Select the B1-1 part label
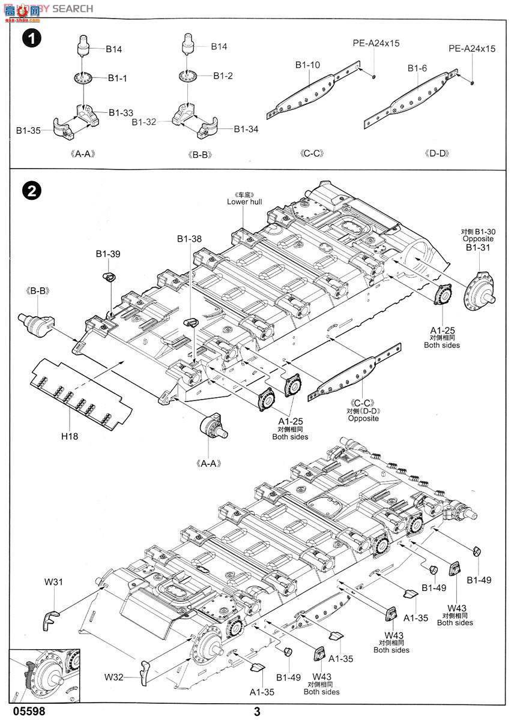point(118,79)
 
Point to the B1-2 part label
point(223,76)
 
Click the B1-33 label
point(121,112)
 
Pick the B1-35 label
point(28,130)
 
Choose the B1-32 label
point(144,122)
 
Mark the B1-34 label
point(246,129)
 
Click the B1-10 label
point(307,65)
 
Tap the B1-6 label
point(417,68)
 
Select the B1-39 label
point(108,254)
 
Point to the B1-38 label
point(189,239)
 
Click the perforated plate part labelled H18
point(81,390)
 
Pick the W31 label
point(53,581)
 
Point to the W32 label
point(113,677)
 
